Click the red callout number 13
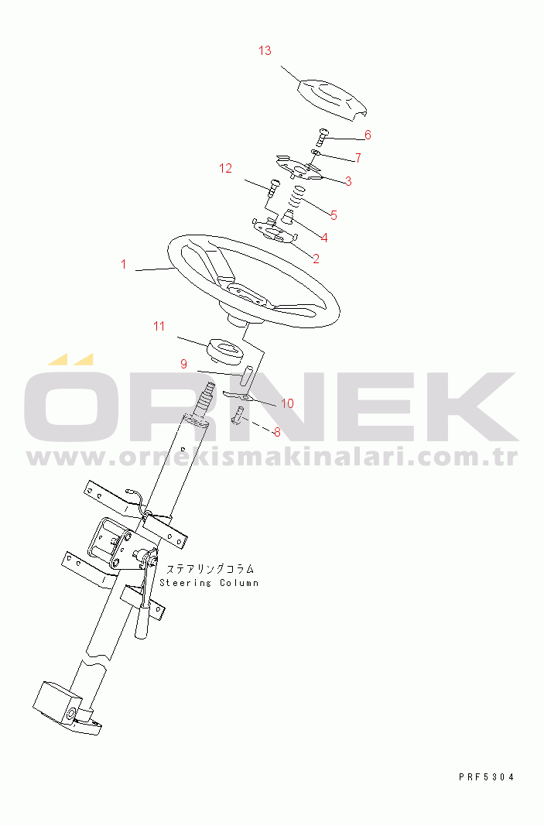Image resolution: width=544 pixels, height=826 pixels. point(265,50)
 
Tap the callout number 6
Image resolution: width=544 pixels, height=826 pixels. point(368,135)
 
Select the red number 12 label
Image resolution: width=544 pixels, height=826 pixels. point(225,168)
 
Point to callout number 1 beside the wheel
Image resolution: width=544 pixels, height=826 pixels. point(123,264)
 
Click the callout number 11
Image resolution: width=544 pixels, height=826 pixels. point(159,326)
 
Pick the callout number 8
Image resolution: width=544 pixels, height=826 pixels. point(277,433)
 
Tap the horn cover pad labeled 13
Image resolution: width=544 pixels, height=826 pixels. point(333,100)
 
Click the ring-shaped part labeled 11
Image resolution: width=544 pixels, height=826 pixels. point(225,351)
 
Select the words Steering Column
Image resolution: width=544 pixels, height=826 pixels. point(209,583)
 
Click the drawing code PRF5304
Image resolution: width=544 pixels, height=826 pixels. point(486,776)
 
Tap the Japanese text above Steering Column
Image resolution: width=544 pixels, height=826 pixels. point(210,569)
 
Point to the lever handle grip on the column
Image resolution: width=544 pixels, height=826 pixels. point(142,622)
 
